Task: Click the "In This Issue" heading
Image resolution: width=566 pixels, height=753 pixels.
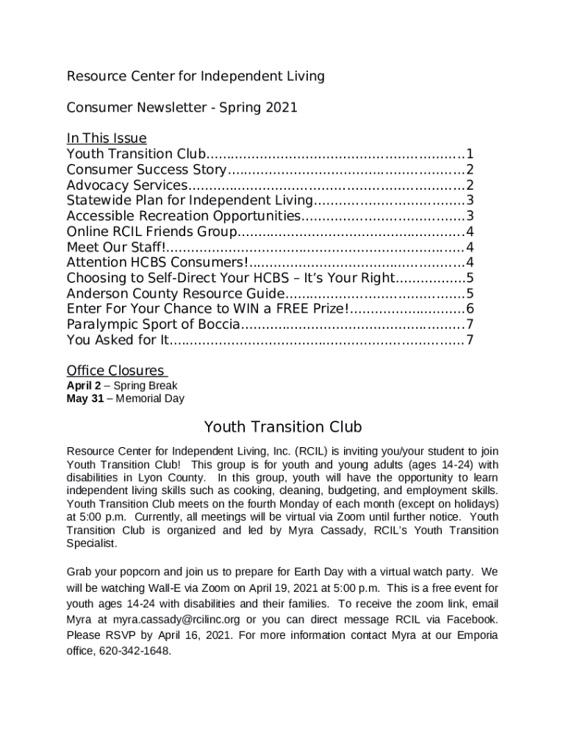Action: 107,138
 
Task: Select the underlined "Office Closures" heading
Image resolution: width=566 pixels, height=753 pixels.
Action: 116,370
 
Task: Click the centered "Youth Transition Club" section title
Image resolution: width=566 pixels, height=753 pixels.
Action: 282,427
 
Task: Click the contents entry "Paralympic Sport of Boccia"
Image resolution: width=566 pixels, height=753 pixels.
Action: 153,324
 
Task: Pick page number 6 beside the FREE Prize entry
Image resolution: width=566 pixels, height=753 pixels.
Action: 469,309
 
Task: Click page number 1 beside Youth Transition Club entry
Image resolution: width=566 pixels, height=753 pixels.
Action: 469,154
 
